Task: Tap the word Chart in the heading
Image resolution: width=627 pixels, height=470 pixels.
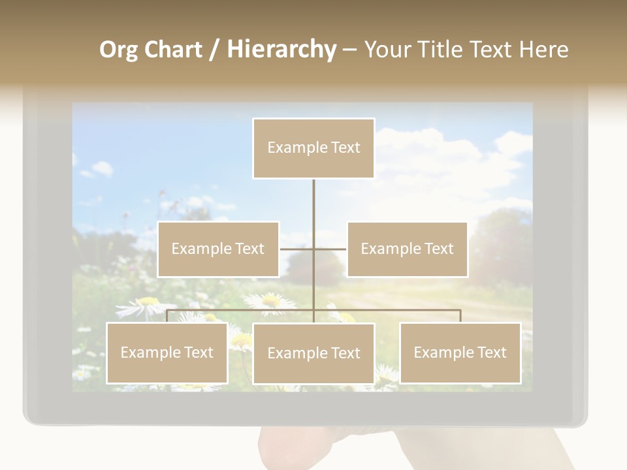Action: click(x=173, y=50)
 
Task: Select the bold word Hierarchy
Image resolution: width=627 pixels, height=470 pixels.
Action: click(x=281, y=50)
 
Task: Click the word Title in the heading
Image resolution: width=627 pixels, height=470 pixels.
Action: click(x=441, y=50)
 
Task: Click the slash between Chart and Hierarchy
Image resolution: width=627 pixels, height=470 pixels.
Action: click(x=214, y=50)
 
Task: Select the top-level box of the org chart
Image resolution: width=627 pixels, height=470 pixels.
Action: click(x=313, y=148)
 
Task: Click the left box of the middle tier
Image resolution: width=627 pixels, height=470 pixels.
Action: click(x=218, y=249)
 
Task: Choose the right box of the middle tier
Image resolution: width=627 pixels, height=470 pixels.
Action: click(x=407, y=249)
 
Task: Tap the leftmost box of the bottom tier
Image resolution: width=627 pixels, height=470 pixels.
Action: click(x=167, y=352)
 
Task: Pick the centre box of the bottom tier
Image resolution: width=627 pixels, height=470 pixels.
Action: click(x=313, y=353)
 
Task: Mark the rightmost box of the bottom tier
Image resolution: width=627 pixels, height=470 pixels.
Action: click(x=460, y=352)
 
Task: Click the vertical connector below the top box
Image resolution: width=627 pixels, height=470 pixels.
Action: click(x=313, y=202)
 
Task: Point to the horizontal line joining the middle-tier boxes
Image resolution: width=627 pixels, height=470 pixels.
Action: click(x=297, y=249)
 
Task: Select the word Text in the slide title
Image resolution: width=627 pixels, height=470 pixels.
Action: click(x=492, y=50)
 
